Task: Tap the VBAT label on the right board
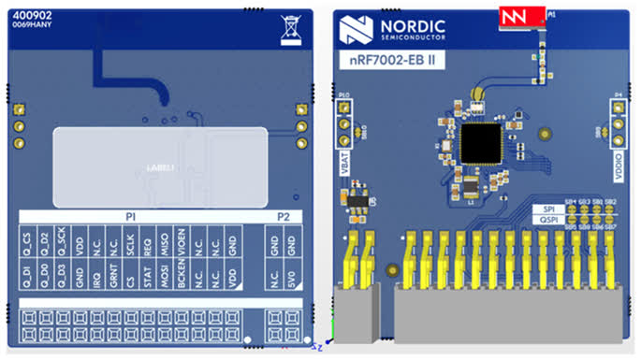pyautogui.click(x=345, y=162)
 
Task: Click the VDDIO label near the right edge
pyautogui.click(x=618, y=163)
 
